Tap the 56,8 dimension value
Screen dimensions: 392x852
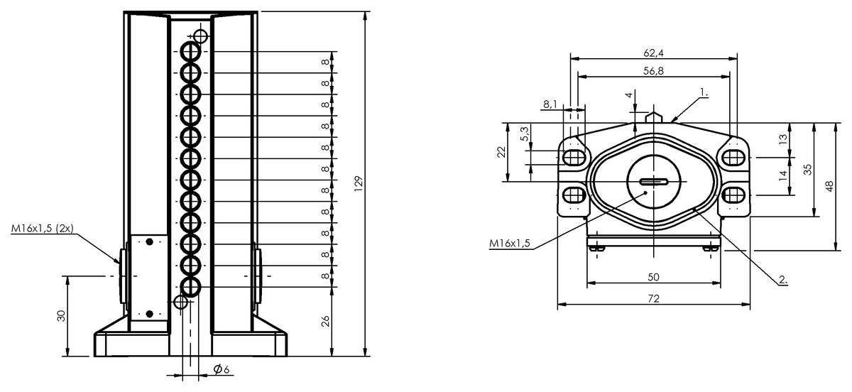point(653,70)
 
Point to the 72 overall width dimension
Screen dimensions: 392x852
point(653,299)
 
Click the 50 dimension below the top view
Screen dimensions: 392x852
point(653,277)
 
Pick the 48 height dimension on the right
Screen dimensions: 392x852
point(827,186)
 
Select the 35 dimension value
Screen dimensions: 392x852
point(807,169)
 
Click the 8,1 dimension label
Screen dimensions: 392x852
point(550,104)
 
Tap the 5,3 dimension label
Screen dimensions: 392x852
point(525,133)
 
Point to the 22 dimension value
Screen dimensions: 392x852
point(501,152)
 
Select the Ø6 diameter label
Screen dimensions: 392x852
point(221,369)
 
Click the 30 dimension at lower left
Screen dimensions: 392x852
point(61,315)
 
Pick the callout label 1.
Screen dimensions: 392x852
point(704,92)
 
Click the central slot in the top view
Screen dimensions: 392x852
point(653,182)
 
